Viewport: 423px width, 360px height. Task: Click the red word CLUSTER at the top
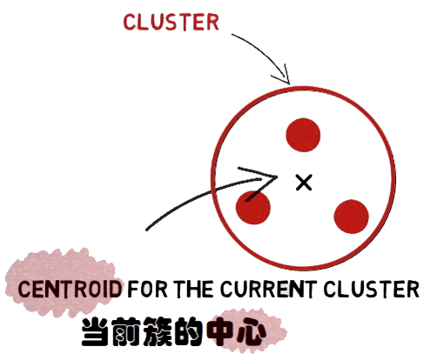pyautogui.click(x=171, y=23)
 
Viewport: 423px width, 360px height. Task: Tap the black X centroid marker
pyautogui.click(x=304, y=183)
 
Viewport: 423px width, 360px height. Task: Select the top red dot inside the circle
pyautogui.click(x=303, y=135)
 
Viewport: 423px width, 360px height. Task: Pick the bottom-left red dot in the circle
pyautogui.click(x=253, y=208)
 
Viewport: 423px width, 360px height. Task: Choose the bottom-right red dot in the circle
pyautogui.click(x=351, y=217)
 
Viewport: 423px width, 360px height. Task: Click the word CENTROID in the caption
pyautogui.click(x=70, y=289)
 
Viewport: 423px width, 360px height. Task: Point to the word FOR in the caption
pyautogui.click(x=148, y=289)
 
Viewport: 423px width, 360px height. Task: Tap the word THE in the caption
pyautogui.click(x=194, y=289)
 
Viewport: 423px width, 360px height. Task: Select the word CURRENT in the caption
pyautogui.click(x=267, y=289)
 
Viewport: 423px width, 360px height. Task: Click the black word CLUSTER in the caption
pyautogui.click(x=371, y=289)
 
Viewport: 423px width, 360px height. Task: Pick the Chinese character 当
pyautogui.click(x=95, y=332)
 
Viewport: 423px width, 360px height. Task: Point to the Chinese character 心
pyautogui.click(x=251, y=332)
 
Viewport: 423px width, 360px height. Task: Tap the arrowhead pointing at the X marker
pyautogui.click(x=261, y=181)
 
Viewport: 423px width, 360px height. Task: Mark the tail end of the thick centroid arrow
pyautogui.click(x=147, y=230)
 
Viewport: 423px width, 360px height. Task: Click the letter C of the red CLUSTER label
pyautogui.click(x=129, y=23)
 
